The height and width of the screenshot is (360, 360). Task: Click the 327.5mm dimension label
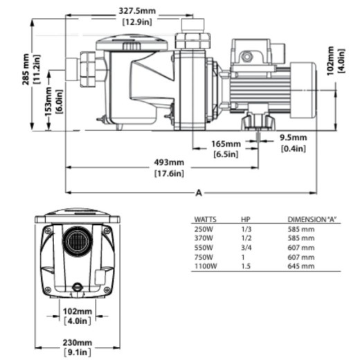[137, 11]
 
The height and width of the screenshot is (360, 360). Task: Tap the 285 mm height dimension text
[26, 69]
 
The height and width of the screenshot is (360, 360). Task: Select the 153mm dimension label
[48, 101]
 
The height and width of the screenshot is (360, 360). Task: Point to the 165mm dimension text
[226, 144]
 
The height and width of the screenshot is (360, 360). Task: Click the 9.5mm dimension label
[294, 138]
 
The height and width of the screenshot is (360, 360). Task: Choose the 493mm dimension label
[169, 163]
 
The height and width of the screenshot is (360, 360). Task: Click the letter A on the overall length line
[199, 192]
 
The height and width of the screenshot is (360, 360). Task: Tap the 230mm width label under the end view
[78, 343]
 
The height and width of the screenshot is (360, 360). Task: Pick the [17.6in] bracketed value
[169, 173]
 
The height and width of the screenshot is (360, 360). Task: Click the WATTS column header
[206, 219]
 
